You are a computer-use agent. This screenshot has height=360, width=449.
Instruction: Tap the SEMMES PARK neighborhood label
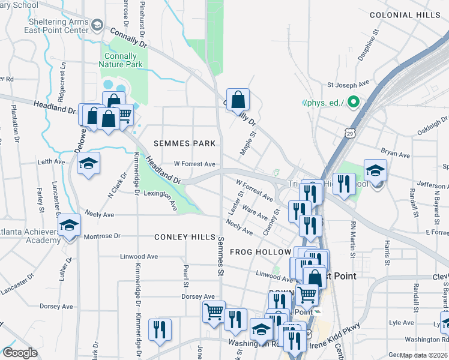click(184, 143)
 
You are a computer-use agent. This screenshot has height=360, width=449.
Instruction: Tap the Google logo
click(20, 353)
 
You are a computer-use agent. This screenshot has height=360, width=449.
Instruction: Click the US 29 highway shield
click(349, 131)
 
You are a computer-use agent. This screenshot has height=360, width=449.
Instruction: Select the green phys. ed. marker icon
click(354, 103)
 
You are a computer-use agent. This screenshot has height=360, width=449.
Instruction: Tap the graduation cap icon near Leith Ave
click(88, 163)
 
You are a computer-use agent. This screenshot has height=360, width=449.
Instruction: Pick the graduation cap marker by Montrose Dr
click(70, 225)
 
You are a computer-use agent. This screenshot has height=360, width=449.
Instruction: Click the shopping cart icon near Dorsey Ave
click(213, 311)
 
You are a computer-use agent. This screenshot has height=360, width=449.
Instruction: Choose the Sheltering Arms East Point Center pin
click(98, 26)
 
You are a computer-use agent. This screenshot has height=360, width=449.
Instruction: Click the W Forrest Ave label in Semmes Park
click(194, 164)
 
